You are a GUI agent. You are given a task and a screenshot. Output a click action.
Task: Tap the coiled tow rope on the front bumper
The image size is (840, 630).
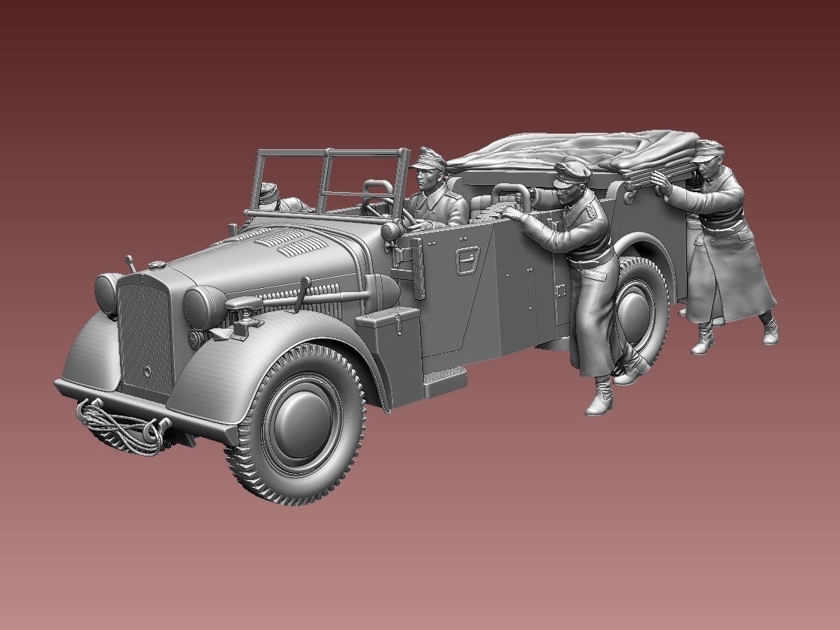(120, 427)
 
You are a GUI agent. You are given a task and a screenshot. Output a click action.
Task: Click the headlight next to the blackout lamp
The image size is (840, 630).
(200, 304)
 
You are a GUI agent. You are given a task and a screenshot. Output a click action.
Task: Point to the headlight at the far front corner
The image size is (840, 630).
(106, 292)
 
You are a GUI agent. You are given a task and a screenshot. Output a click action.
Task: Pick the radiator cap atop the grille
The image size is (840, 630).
(156, 265)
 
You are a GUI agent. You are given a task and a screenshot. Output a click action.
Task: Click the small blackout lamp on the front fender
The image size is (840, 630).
(241, 307)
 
